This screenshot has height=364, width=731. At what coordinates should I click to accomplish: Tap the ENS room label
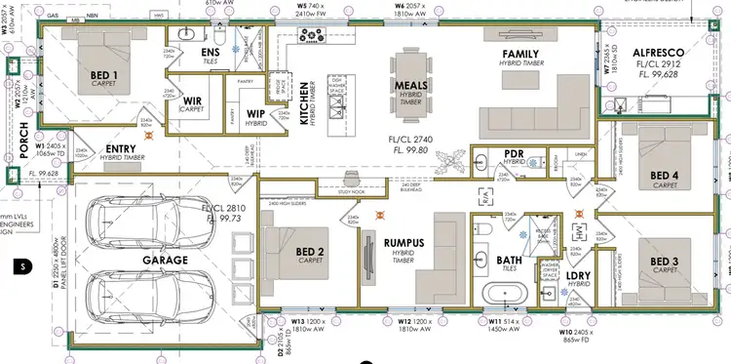(x=209, y=51)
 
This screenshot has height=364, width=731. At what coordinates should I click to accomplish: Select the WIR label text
(x=193, y=100)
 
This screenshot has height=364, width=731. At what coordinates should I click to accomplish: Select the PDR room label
(x=517, y=153)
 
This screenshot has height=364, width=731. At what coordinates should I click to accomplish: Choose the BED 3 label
(x=665, y=234)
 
